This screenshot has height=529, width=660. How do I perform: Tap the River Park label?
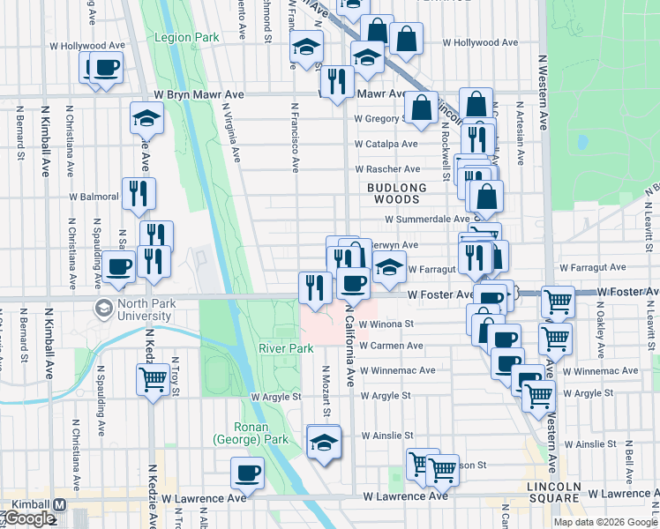click(x=286, y=348)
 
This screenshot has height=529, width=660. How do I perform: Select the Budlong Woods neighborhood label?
click(x=397, y=194)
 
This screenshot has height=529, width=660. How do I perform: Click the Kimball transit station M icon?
click(x=60, y=504)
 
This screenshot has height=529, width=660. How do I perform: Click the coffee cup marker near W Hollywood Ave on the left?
click(x=105, y=68)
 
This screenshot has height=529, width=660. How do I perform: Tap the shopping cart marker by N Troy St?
click(x=153, y=380)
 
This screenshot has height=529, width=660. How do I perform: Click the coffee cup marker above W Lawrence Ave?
click(x=247, y=473)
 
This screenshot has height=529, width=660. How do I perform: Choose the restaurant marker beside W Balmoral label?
click(x=139, y=193)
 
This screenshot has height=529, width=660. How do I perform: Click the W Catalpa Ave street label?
click(x=386, y=144)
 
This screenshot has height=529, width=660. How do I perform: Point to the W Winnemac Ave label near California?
click(x=403, y=371)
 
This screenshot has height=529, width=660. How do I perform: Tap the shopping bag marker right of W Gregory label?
click(x=423, y=108)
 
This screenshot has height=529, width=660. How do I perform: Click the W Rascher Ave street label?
click(x=387, y=169)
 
